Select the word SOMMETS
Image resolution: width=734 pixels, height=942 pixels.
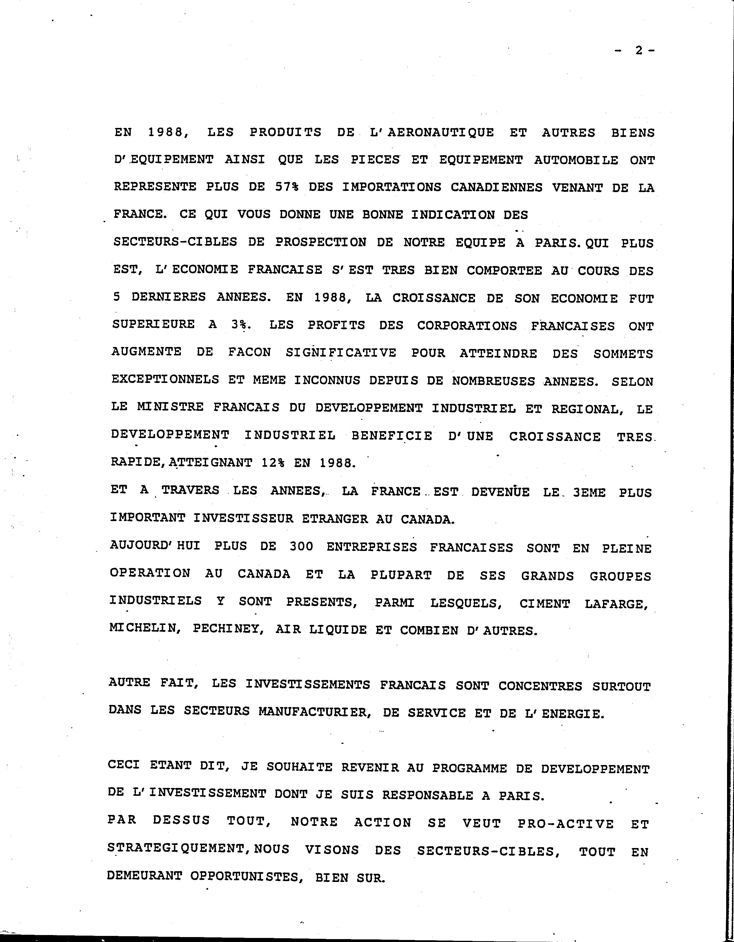pos(623,354)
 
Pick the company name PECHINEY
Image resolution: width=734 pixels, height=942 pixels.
pos(228,629)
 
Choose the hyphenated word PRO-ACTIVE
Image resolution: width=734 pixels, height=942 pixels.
pos(566,823)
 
